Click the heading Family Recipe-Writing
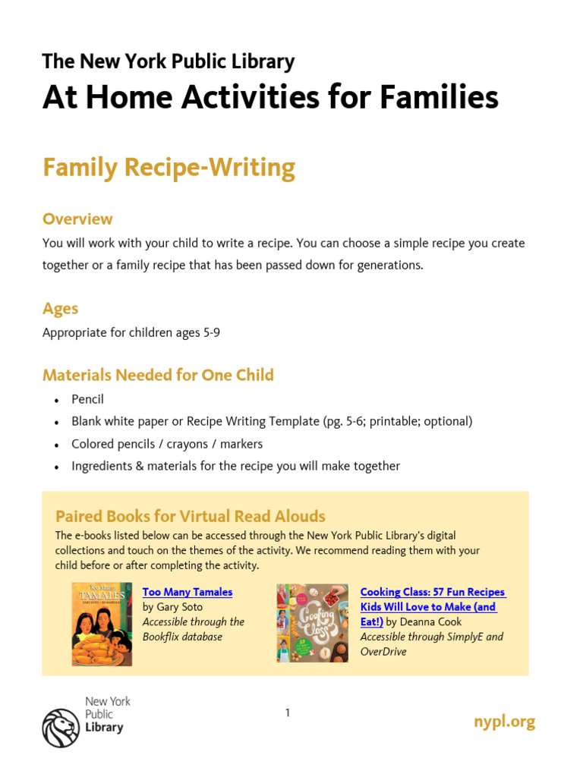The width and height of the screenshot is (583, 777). (169, 168)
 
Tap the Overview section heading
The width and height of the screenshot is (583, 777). (77, 219)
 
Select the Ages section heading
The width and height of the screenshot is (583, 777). (60, 309)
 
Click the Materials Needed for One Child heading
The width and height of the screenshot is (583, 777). (158, 375)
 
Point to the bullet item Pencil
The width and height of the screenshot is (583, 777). (87, 399)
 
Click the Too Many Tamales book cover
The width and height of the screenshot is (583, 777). (102, 624)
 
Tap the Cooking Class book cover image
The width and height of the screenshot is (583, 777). (312, 622)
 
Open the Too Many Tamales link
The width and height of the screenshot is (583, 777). (188, 592)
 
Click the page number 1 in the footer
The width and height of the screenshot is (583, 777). (288, 713)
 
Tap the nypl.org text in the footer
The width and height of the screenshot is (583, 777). (504, 722)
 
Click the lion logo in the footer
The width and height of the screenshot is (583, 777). (60, 728)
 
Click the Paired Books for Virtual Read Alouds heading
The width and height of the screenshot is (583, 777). (190, 517)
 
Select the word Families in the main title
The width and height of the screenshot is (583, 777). (440, 97)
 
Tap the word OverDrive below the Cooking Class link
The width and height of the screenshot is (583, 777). (383, 652)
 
